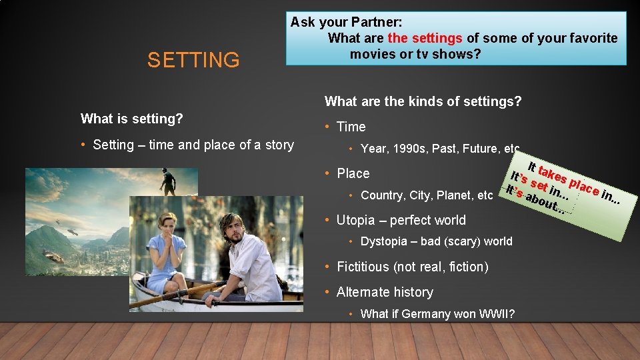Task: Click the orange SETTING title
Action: pos(193,60)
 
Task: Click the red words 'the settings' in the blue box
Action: pos(425,38)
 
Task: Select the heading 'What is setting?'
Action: pos(131,119)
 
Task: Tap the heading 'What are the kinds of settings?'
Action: pos(423,101)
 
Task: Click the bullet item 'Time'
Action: pos(351,127)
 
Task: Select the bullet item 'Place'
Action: pos(353,173)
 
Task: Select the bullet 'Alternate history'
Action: pos(385,292)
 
